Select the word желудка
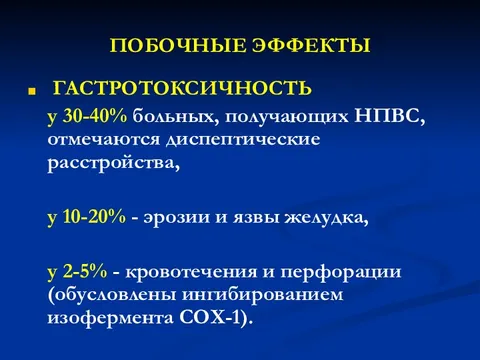point(326,216)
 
